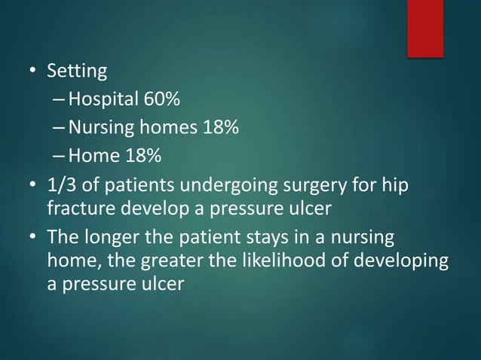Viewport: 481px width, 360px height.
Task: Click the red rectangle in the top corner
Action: click(425, 28)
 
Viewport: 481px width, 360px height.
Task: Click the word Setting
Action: click(77, 72)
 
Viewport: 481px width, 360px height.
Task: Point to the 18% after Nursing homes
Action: click(219, 129)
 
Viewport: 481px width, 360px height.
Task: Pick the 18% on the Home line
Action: click(142, 157)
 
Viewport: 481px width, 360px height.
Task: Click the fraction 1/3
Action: click(62, 185)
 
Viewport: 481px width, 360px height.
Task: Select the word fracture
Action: click(78, 207)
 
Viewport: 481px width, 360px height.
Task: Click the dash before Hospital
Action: click(60, 101)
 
